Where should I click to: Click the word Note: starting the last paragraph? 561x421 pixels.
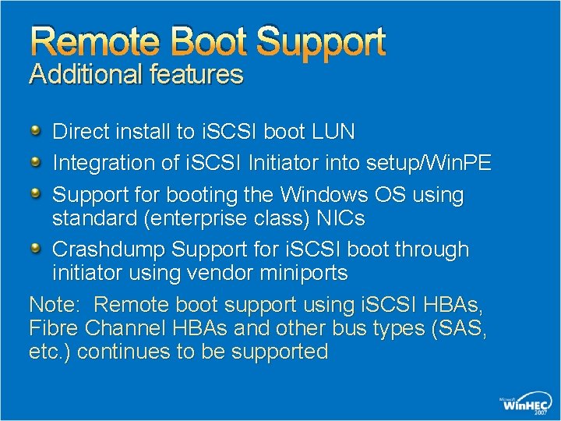(54, 304)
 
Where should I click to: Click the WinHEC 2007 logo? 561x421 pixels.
(526, 404)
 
